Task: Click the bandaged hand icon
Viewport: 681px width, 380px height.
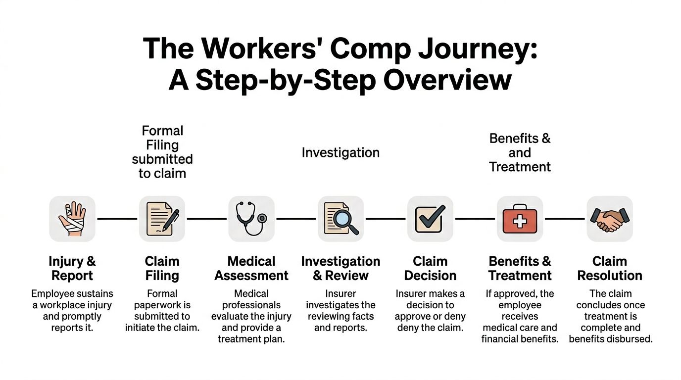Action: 72,219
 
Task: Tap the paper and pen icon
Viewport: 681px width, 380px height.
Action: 162,219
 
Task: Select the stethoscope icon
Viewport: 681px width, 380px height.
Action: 251,219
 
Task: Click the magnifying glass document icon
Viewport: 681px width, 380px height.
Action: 341,219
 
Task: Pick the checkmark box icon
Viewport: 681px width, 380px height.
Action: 430,219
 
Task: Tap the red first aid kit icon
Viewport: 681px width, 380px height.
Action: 520,219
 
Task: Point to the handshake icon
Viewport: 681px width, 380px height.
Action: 609,219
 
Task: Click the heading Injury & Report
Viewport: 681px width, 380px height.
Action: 72,268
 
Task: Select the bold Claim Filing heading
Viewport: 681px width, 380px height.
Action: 162,268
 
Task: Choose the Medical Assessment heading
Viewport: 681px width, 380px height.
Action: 251,268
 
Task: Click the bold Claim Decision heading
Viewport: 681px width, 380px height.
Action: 430,268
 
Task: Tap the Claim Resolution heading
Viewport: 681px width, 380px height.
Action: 609,268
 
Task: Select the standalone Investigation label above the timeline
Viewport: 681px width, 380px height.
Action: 340,153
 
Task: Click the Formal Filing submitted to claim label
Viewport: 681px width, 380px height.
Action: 162,152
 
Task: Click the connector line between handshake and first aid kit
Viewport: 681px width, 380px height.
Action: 565,219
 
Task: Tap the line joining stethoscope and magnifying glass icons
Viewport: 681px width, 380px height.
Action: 296,219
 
